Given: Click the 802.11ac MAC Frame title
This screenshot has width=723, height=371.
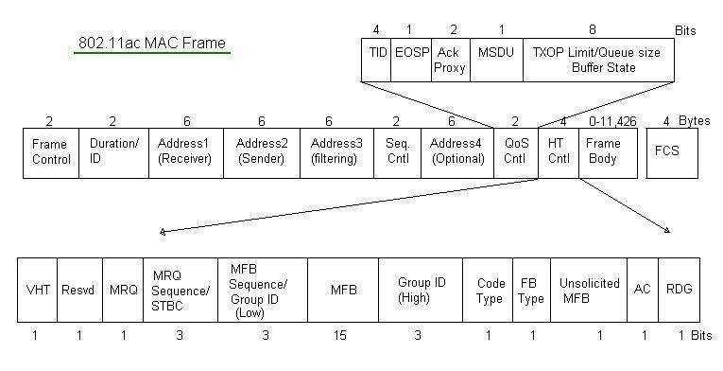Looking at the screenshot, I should (151, 44).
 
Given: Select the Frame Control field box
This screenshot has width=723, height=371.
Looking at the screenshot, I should (51, 152).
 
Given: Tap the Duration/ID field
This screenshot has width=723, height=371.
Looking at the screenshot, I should (113, 152).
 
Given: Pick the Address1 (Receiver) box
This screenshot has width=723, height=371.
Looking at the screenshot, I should (186, 152).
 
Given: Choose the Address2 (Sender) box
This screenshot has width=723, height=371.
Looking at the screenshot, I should (262, 152).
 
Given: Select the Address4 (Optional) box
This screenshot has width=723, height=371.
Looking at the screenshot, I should (456, 152).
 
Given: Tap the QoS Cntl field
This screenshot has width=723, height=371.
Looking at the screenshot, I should (515, 152).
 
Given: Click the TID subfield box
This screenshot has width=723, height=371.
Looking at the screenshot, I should (377, 60).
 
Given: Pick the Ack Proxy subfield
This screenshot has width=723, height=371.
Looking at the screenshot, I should (450, 60).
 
